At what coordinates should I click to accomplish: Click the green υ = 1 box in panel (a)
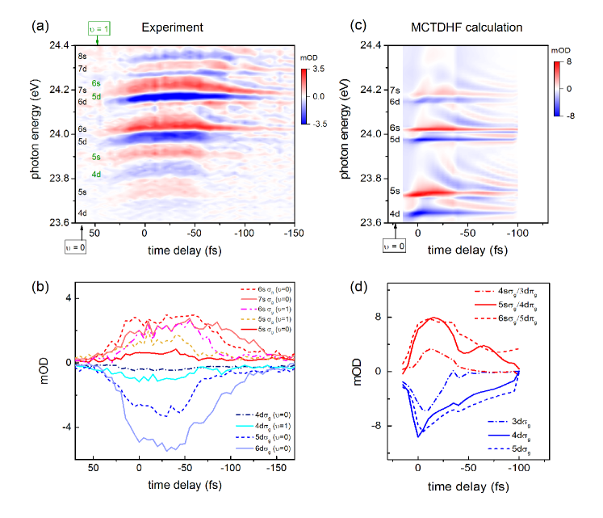click(98, 30)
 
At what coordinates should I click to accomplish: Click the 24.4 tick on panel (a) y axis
click(54, 44)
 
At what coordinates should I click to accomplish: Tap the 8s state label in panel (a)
click(82, 57)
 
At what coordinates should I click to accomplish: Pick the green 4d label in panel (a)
click(96, 175)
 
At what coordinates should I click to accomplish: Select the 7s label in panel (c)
click(395, 91)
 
